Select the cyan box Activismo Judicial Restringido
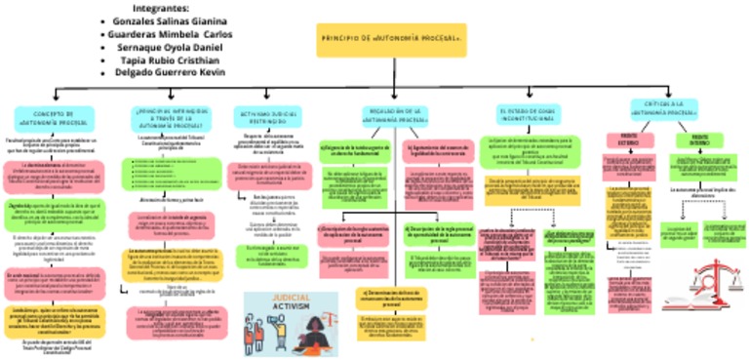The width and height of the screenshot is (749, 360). pos(267,118)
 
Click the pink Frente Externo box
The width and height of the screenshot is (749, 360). pos(629,139)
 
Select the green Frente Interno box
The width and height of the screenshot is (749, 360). pos(698,139)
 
